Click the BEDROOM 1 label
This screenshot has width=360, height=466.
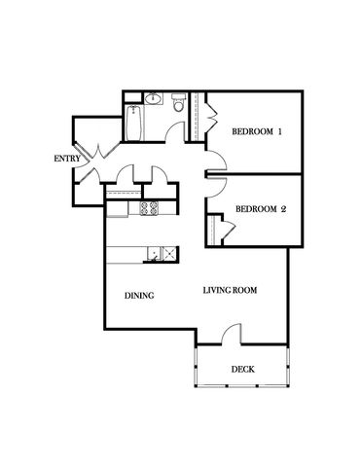click(257, 131)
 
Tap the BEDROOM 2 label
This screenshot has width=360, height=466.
click(261, 209)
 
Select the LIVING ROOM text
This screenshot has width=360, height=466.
click(230, 290)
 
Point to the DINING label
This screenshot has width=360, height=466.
click(139, 296)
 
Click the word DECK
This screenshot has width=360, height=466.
click(243, 370)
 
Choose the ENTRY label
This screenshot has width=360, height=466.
click(67, 159)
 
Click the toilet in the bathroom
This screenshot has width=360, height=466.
click(178, 102)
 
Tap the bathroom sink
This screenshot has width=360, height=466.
click(153, 98)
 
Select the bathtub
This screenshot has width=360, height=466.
click(134, 124)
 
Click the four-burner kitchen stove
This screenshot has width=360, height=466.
click(149, 208)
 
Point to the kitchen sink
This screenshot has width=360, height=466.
click(162, 253)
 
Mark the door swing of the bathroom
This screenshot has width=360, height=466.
click(173, 132)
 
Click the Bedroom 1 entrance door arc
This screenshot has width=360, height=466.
click(216, 161)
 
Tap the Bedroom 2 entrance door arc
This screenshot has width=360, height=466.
click(216, 188)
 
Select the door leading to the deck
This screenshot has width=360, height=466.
click(232, 334)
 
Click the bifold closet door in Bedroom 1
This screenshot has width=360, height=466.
click(212, 116)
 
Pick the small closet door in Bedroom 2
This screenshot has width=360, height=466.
click(229, 230)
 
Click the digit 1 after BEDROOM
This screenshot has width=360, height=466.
click(279, 131)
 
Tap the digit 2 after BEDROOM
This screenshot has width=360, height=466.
click(283, 209)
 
